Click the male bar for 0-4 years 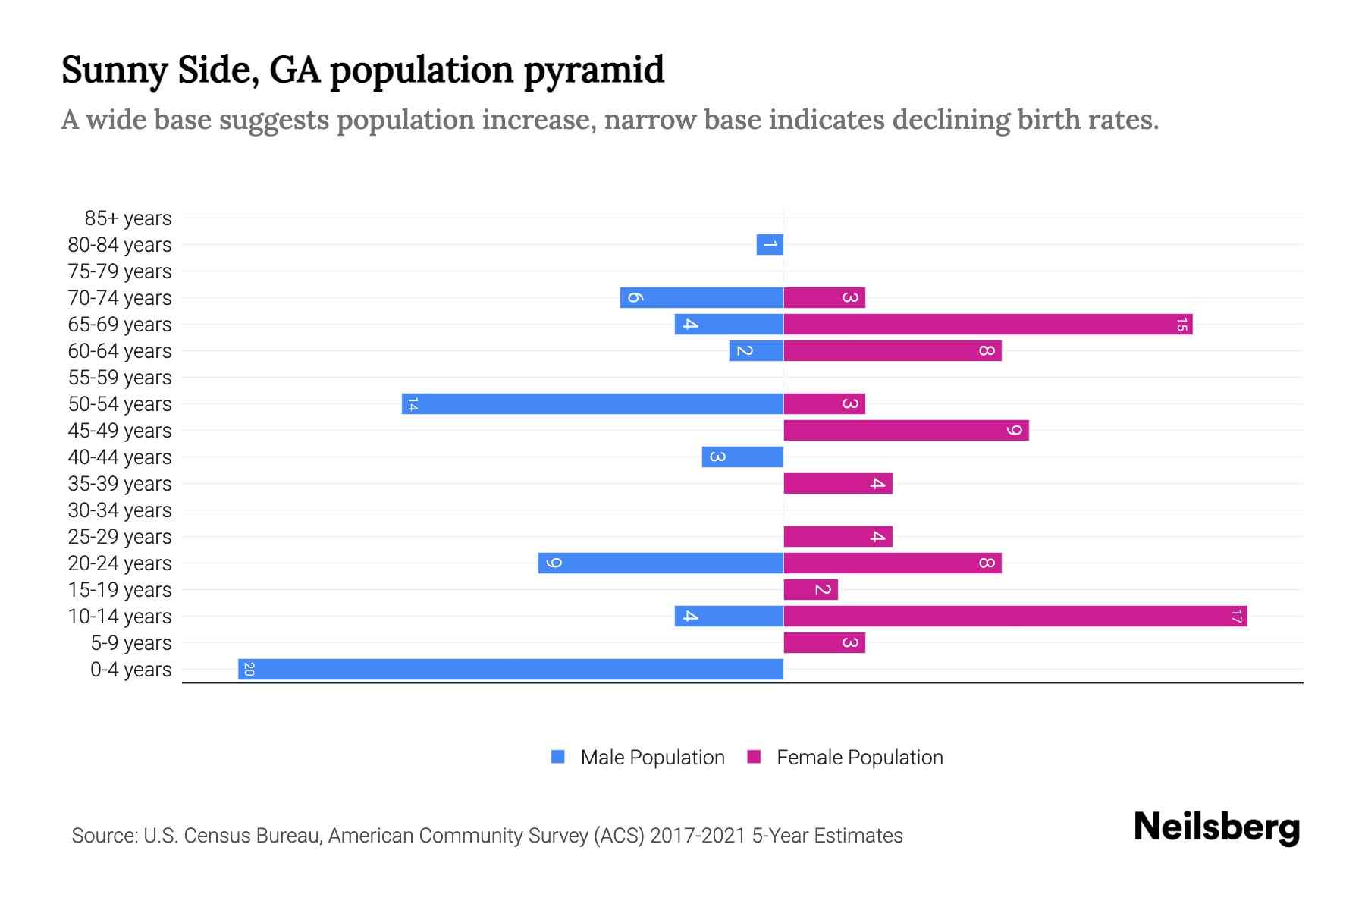510,670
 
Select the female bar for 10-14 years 1015,617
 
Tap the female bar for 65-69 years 987,325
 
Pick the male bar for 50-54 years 592,404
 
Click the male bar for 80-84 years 770,245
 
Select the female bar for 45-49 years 905,431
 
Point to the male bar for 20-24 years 661,563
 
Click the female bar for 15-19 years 810,590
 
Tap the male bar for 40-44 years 742,457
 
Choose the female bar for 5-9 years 824,643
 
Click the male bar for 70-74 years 701,298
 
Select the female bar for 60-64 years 892,351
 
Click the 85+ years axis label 128,218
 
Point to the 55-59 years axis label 120,378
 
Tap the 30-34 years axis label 120,510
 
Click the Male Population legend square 558,757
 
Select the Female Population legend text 859,758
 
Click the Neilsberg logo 1216,828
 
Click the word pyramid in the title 594,71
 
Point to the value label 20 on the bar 249,670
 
